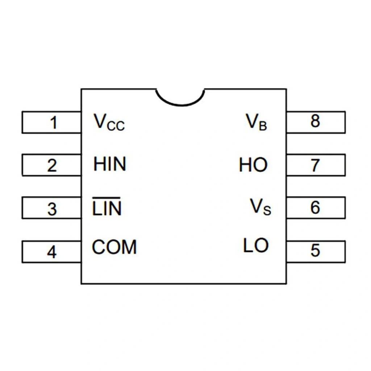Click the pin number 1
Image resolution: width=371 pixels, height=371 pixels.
(54, 123)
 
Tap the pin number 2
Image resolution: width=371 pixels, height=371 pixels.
(53, 166)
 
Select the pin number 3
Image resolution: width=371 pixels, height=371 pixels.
(53, 209)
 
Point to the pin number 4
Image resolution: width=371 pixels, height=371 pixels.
(52, 252)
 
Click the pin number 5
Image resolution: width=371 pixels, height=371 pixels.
(315, 250)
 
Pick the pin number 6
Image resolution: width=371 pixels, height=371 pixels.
(315, 208)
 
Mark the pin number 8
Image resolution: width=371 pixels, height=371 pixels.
(315, 121)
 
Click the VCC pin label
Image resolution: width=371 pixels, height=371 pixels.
(109, 122)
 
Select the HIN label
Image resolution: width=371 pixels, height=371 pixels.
(110, 164)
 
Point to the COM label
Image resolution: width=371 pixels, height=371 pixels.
(114, 247)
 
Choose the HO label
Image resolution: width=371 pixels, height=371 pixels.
(253, 166)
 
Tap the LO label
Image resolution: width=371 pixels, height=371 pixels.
(256, 246)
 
